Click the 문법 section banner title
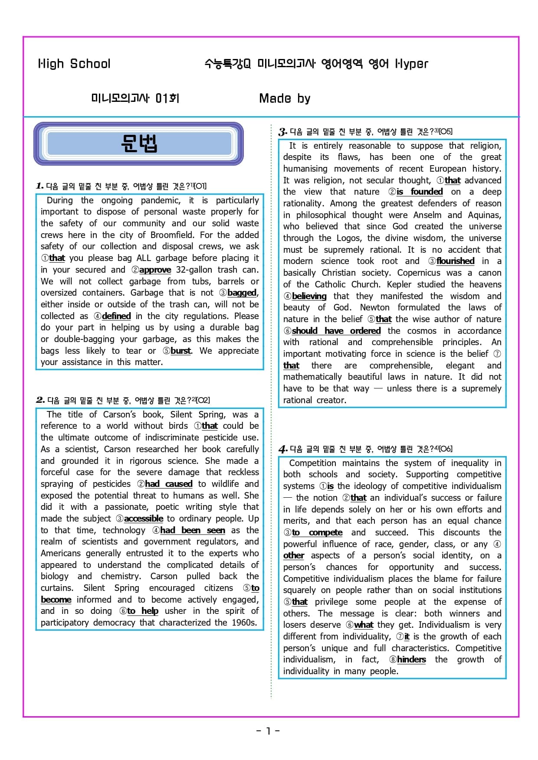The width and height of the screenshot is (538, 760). (x=139, y=143)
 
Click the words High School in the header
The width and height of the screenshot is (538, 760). (x=74, y=64)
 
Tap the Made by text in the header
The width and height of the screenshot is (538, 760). (x=285, y=98)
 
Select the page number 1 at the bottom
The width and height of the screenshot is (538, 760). (x=268, y=731)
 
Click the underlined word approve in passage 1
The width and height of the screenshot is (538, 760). (x=155, y=270)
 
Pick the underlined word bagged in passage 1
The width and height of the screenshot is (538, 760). (x=242, y=293)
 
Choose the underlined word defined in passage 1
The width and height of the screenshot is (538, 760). (x=116, y=316)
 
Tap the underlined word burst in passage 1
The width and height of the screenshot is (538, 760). (x=180, y=351)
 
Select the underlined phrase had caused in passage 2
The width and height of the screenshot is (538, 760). (x=168, y=484)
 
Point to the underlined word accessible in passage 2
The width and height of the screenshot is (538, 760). (x=144, y=519)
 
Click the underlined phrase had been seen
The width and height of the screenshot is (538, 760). (x=192, y=530)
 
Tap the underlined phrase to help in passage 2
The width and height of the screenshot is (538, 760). (x=143, y=611)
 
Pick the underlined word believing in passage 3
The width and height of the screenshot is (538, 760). (x=309, y=296)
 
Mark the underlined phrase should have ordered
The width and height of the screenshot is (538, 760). (x=336, y=331)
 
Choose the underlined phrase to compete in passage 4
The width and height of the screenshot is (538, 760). (x=317, y=532)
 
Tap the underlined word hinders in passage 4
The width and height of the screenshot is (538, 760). (x=411, y=659)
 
